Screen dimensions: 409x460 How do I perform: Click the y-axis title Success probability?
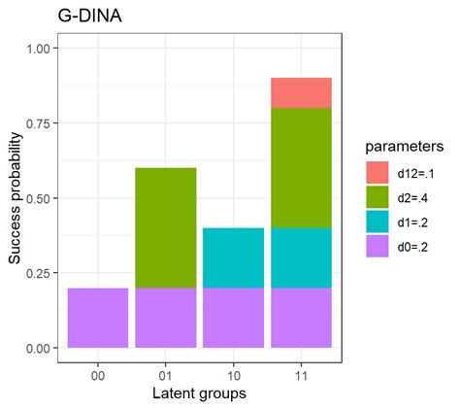[x=16, y=198]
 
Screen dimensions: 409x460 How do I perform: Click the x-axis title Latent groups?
[x=199, y=392]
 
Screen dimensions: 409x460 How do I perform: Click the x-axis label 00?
[x=97, y=371]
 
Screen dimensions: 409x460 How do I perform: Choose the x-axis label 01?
[x=165, y=371]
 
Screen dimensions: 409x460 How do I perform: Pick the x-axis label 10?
[x=233, y=371]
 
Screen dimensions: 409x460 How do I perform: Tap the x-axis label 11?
[x=301, y=371]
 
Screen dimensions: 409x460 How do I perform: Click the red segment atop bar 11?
[x=301, y=92]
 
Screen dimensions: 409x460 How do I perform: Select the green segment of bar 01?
[x=165, y=227]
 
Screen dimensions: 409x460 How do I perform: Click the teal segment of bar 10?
[x=233, y=257]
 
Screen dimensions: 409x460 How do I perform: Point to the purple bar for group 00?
[x=97, y=318]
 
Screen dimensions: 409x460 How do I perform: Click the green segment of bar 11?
[x=301, y=167]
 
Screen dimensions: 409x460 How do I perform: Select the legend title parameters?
[x=405, y=146]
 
